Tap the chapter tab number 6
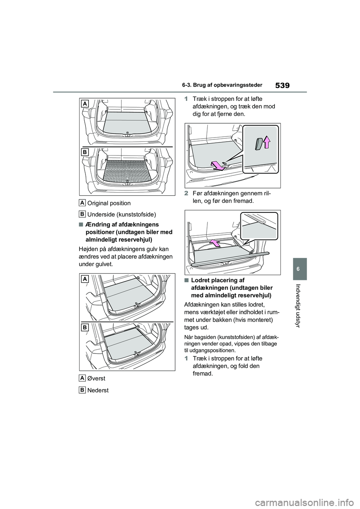[x=298, y=269]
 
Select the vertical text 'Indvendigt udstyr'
[x=298, y=306]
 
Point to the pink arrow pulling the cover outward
[x=218, y=165]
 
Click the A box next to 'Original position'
[x=82, y=203]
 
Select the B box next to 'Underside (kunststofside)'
[x=82, y=214]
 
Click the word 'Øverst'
[x=96, y=379]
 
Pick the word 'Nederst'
[x=98, y=390]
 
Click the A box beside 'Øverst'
[x=82, y=378]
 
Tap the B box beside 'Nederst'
[x=82, y=390]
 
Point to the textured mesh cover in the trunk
[x=127, y=171]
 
